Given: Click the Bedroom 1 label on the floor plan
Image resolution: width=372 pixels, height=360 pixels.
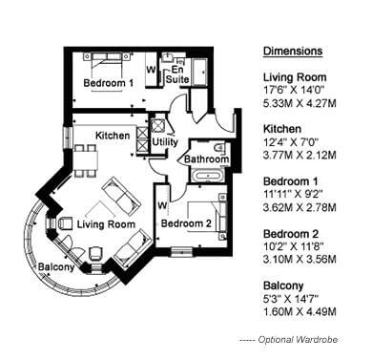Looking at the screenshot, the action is click(108, 83).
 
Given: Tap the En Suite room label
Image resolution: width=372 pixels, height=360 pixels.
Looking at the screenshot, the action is click(177, 74).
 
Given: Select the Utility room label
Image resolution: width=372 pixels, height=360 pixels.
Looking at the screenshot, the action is click(165, 142).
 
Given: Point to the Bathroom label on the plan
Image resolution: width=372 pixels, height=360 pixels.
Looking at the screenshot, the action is click(206, 159).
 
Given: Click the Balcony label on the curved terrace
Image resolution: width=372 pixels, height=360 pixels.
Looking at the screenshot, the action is click(56, 266).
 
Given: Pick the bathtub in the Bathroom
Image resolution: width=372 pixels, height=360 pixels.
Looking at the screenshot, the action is click(208, 176).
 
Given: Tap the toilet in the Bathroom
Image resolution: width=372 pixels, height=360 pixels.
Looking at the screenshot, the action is click(219, 149).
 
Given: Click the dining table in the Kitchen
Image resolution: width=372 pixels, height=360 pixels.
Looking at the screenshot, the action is click(86, 159).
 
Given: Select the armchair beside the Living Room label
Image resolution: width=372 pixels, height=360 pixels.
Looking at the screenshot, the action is click(66, 222).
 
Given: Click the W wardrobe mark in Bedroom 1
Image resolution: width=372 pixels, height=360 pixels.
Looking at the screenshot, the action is click(151, 70).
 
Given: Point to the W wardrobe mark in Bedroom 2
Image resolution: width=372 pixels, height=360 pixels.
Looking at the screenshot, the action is click(162, 205).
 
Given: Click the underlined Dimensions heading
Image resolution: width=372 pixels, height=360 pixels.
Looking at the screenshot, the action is click(293, 51).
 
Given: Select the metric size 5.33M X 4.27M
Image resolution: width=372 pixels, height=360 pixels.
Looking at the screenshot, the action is click(300, 103).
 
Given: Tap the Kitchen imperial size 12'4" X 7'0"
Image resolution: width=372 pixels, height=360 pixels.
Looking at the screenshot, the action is click(291, 142).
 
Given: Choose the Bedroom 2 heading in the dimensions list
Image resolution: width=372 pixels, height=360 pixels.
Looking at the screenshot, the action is click(291, 234).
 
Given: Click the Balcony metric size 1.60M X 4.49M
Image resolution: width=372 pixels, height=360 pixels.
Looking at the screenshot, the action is click(300, 312).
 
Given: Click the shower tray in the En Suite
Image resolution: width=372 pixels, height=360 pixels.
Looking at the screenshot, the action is click(200, 72).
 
